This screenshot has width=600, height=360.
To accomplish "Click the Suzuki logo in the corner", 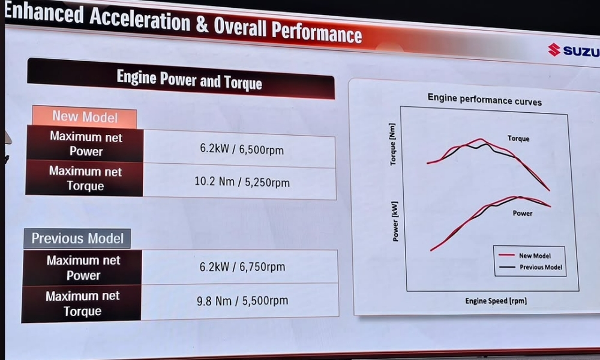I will [573, 50].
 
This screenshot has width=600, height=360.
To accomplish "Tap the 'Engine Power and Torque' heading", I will [189, 79].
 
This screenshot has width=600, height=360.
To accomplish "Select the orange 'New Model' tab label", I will [85, 116].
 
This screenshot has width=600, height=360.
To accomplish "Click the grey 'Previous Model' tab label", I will [77, 238].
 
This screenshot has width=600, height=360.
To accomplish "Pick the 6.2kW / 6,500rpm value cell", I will [242, 149].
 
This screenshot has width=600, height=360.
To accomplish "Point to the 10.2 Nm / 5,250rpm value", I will [242, 181].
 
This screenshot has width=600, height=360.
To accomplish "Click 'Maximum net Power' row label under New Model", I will [86, 144].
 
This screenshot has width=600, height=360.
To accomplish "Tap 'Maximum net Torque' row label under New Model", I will [85, 178].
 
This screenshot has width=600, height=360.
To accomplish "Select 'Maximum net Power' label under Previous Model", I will [83, 268].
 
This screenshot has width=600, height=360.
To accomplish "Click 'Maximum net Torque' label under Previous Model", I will [83, 303].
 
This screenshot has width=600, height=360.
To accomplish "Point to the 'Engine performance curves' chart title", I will [484, 99].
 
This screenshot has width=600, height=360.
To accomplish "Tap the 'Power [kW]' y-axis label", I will [395, 221].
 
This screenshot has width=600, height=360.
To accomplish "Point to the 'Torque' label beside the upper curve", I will [518, 139].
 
